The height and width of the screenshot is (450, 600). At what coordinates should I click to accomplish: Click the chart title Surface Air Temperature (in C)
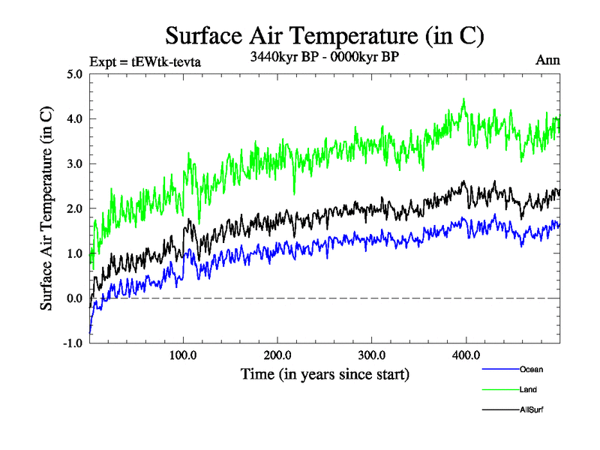(x=324, y=35)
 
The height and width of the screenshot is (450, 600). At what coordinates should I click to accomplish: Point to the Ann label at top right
(x=547, y=61)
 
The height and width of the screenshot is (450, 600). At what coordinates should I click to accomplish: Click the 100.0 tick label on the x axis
(x=183, y=355)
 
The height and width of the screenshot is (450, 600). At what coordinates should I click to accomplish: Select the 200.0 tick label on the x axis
(x=277, y=355)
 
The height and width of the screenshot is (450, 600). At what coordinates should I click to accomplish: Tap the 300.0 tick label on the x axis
(x=372, y=355)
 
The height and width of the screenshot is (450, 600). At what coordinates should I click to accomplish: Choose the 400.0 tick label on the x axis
(x=466, y=355)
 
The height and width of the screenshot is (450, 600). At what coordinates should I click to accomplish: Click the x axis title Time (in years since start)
(x=325, y=373)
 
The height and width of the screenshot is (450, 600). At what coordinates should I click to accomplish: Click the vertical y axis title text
(x=46, y=208)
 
